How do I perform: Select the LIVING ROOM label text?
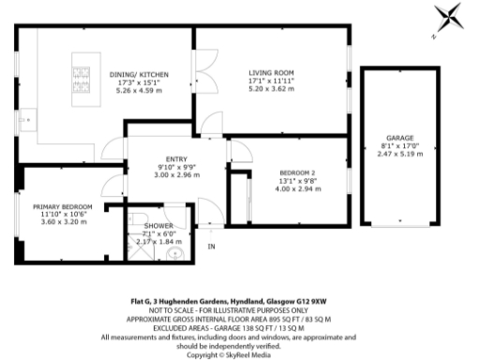coord(272,72)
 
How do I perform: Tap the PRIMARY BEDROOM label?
coord(59,206)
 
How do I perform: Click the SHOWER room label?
coord(157,227)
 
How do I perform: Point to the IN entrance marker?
coord(211,247)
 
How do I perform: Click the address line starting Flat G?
coord(239,302)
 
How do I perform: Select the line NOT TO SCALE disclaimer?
coord(239,309)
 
